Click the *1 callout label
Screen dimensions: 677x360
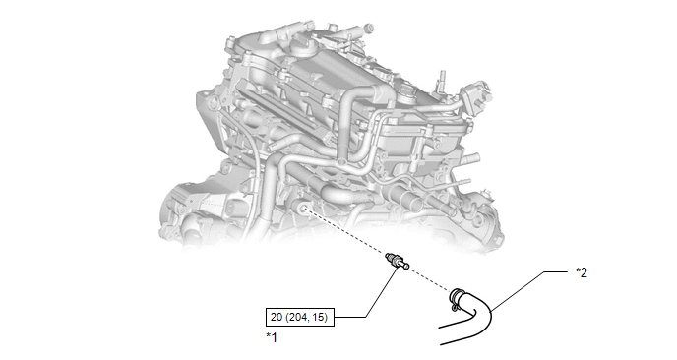point(272,337)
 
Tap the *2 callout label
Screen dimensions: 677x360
point(582,272)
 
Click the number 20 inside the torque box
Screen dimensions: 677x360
point(276,317)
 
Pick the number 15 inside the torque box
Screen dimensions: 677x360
point(319,317)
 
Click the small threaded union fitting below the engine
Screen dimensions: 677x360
point(397,263)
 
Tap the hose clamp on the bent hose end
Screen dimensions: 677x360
point(457,299)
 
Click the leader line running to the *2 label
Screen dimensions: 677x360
point(529,290)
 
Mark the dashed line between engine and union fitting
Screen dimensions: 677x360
point(345,232)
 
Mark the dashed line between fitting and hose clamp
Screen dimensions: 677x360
point(430,278)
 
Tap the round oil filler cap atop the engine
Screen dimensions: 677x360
point(300,46)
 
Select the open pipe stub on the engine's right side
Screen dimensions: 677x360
point(409,198)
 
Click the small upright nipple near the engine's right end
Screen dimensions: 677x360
point(442,79)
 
